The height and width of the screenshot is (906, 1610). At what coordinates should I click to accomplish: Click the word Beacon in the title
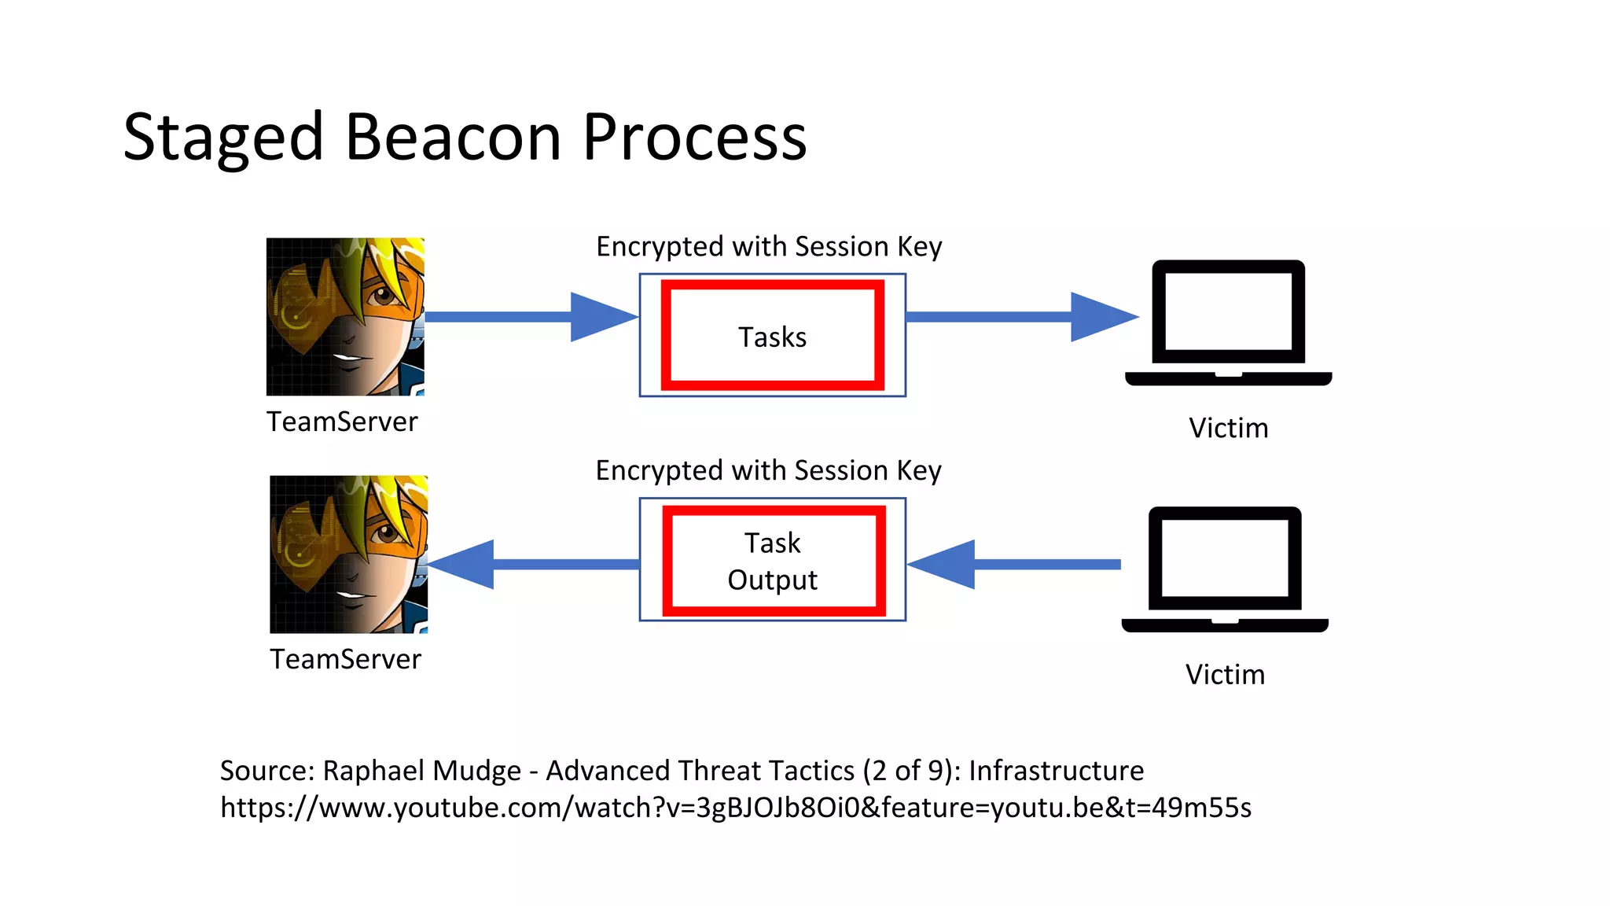tap(453, 138)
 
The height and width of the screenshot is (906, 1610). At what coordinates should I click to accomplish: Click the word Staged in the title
tap(223, 138)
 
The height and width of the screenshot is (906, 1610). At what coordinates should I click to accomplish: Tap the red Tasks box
tap(772, 336)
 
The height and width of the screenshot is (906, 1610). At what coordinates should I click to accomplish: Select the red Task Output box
tap(774, 561)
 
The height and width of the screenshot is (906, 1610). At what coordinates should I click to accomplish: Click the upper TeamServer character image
tap(345, 316)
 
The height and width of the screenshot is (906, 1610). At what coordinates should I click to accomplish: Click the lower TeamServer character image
tap(348, 554)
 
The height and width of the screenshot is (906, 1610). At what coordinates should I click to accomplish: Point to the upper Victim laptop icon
tap(1228, 322)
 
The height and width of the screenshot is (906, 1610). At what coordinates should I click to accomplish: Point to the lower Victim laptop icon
tap(1225, 569)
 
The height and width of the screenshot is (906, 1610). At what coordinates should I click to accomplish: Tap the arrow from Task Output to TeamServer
tap(535, 564)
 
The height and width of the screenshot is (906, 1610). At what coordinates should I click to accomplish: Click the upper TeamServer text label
tap(342, 422)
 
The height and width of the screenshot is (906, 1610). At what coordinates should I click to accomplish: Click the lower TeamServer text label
tap(345, 660)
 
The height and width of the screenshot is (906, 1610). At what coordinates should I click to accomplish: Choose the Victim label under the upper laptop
tap(1228, 429)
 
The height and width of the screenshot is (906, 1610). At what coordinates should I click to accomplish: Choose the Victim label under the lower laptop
tap(1225, 675)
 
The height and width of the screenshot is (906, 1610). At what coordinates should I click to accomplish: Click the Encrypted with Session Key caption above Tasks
tap(769, 247)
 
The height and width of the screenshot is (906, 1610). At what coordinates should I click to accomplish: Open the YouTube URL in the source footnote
tap(735, 808)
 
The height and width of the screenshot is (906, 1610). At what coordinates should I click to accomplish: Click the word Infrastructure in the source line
tap(1056, 771)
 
